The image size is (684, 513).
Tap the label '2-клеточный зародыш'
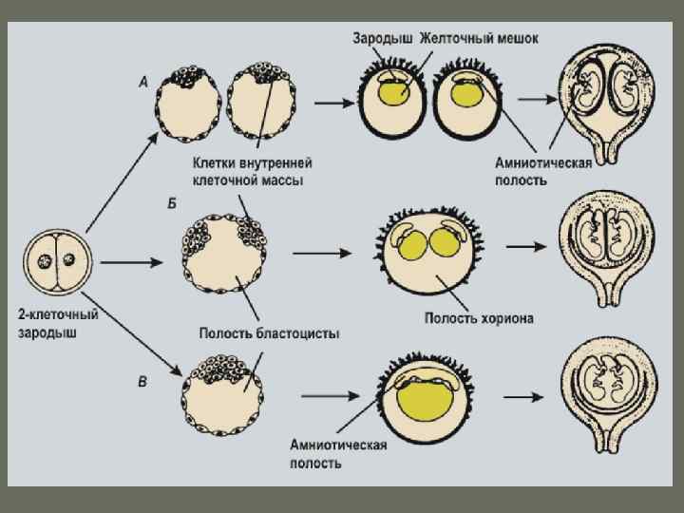[58, 322]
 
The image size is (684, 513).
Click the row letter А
[143, 83]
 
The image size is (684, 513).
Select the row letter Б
[171, 204]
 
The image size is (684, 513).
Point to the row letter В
[142, 382]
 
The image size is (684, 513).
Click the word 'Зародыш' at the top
[383, 39]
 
